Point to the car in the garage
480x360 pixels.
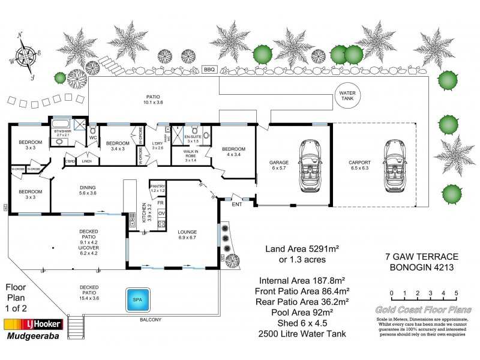point(311,166)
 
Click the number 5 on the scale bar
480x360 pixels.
point(457,293)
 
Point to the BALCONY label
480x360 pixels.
point(151,320)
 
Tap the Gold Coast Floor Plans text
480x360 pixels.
point(423,310)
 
